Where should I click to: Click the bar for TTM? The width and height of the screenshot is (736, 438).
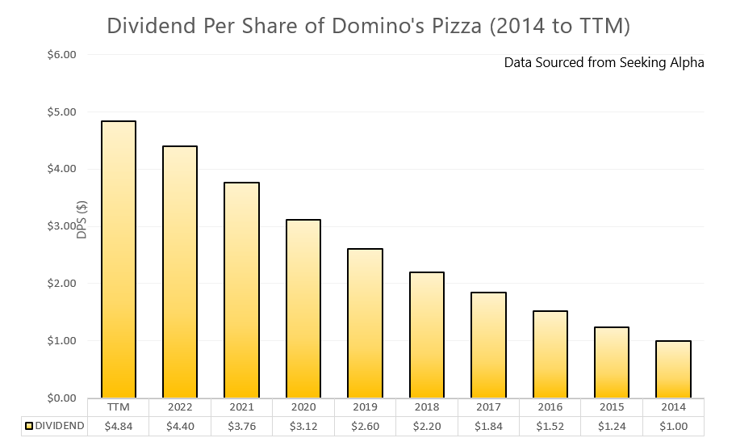click(118, 259)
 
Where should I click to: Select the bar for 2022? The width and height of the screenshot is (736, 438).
click(180, 272)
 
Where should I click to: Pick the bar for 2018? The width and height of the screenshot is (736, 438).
click(426, 335)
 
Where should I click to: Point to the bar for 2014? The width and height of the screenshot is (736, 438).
click(673, 369)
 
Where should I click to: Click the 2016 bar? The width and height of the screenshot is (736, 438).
click(550, 354)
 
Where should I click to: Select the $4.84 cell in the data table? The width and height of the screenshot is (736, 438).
click(118, 426)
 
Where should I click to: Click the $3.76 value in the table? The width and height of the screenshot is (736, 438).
click(241, 426)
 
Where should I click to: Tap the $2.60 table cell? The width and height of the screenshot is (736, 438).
click(365, 426)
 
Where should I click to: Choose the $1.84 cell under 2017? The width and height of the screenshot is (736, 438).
click(488, 426)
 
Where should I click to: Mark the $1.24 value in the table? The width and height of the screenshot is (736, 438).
click(612, 426)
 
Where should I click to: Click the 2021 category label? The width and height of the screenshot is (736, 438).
click(241, 407)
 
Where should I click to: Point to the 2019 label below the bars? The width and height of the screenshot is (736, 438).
click(365, 407)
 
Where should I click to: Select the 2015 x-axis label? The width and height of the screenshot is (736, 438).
click(612, 407)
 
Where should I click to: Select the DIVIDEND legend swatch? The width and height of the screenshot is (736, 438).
click(29, 426)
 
